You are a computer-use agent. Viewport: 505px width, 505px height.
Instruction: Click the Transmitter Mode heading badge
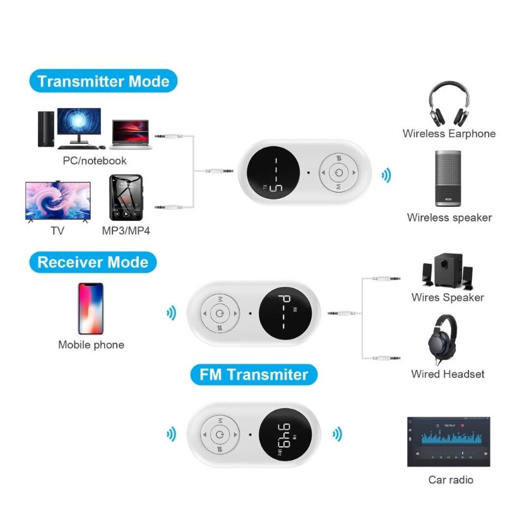pos(104,81)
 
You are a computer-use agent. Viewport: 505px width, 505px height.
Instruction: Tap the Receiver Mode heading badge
pos(93,262)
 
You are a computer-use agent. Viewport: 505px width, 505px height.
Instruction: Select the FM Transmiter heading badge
pos(254,374)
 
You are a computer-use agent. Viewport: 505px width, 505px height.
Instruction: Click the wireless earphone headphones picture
pos(449,104)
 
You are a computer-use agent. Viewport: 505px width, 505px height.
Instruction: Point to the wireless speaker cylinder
pos(448,178)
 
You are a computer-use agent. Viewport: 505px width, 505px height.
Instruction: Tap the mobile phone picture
pos(91,309)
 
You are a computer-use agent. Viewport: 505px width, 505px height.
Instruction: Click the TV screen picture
pos(58,201)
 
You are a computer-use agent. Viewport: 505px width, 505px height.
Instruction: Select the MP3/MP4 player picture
pos(126,198)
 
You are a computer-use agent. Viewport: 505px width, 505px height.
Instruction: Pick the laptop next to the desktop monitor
pos(131,134)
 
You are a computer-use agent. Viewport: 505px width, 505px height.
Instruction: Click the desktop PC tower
pos(46,129)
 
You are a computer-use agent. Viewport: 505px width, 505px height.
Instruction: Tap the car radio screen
pos(449,441)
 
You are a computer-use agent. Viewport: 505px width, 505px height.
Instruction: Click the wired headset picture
pos(443,340)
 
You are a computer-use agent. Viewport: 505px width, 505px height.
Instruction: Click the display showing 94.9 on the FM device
pos(285,434)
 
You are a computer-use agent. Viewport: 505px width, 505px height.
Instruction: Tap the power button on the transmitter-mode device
pos(338,172)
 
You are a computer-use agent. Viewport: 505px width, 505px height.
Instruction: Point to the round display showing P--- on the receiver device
pos(285,313)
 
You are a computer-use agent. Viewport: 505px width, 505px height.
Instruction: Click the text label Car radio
pos(451,480)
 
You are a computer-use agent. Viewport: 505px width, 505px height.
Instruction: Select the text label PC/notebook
pos(94,160)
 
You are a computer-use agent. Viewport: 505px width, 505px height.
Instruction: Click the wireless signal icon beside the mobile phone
pos(171,312)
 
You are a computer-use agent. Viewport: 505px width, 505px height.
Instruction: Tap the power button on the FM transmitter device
pos(220,434)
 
